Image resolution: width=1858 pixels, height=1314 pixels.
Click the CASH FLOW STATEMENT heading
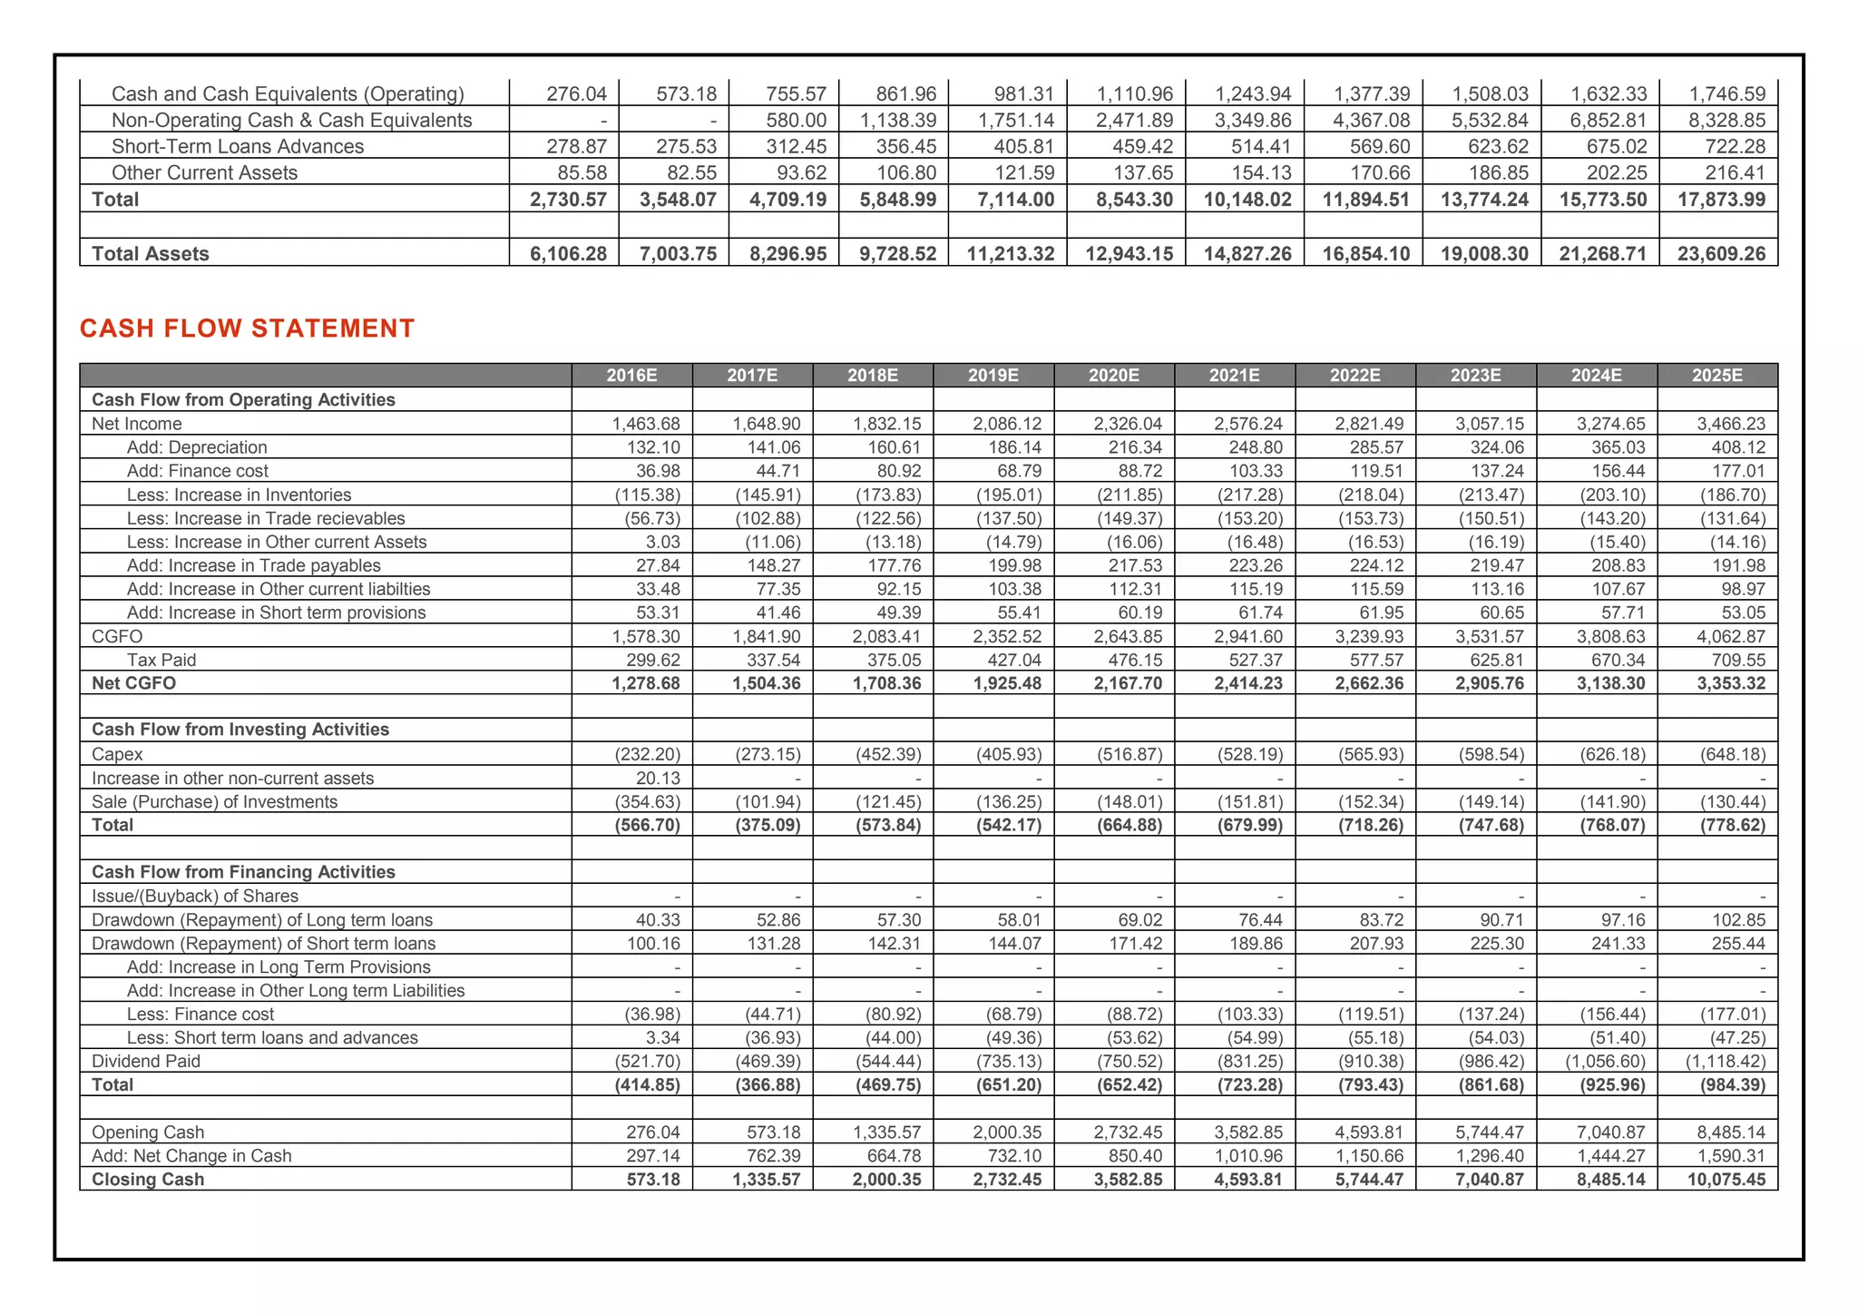click(x=247, y=328)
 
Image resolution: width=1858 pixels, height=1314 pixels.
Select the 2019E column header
click(x=993, y=376)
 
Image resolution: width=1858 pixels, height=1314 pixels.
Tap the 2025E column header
click(x=1716, y=376)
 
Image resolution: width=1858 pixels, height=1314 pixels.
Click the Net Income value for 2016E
click(x=645, y=424)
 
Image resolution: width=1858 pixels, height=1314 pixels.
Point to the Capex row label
click(x=117, y=754)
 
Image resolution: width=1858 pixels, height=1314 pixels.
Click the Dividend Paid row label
click(x=146, y=1062)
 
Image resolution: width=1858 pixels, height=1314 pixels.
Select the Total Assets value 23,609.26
click(x=1721, y=254)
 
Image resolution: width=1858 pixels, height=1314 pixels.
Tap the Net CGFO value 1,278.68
click(x=645, y=683)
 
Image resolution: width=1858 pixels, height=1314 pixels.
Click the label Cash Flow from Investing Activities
click(x=240, y=730)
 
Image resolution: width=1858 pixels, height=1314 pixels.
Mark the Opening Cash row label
click(x=148, y=1133)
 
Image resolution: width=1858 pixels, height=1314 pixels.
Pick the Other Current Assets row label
click(x=204, y=173)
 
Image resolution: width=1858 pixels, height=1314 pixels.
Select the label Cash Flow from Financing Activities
click(x=243, y=872)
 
